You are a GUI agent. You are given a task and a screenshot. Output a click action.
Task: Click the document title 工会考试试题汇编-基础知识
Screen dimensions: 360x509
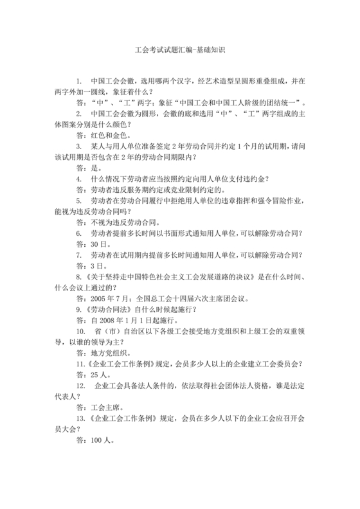pyautogui.click(x=179, y=49)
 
